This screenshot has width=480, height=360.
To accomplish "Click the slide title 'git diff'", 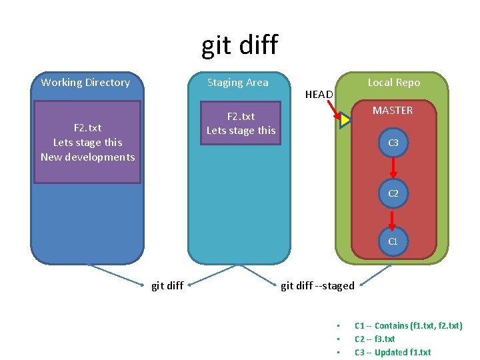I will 239,45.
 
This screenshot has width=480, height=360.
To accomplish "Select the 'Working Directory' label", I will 85,83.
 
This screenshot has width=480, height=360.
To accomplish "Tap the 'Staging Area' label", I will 237,83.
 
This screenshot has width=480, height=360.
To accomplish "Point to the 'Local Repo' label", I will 393,83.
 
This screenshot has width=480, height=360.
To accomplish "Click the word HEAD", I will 319,95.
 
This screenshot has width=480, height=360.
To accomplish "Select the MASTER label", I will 393,111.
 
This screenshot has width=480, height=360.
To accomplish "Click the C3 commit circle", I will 393,143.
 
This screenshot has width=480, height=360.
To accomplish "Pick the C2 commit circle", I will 393,193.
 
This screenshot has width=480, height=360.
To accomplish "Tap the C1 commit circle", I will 393,241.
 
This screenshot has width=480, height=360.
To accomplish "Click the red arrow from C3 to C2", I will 393,168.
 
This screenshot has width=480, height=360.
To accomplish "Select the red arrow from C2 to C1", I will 393,217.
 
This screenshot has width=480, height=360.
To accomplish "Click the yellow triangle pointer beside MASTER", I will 345,121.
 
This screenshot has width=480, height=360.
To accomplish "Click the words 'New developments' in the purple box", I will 87,157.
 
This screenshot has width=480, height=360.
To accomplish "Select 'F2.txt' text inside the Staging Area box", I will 241,117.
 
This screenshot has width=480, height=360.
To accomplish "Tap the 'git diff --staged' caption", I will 317,286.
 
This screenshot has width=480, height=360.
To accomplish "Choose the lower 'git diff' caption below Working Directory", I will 167,286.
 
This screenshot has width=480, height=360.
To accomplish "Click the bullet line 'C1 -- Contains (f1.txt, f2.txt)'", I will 408,326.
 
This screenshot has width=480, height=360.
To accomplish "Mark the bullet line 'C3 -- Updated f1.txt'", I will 393,353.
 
